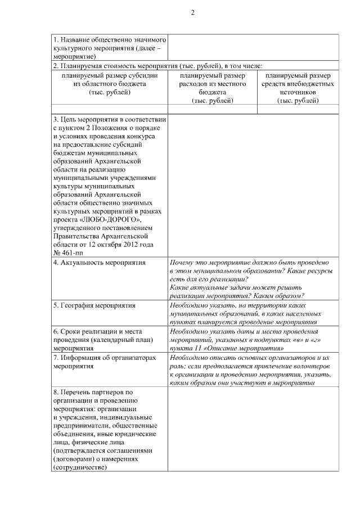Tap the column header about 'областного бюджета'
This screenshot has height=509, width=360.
tap(110, 84)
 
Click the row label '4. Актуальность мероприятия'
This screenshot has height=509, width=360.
tap(99, 263)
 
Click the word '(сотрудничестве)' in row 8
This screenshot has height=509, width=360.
tap(79, 467)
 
